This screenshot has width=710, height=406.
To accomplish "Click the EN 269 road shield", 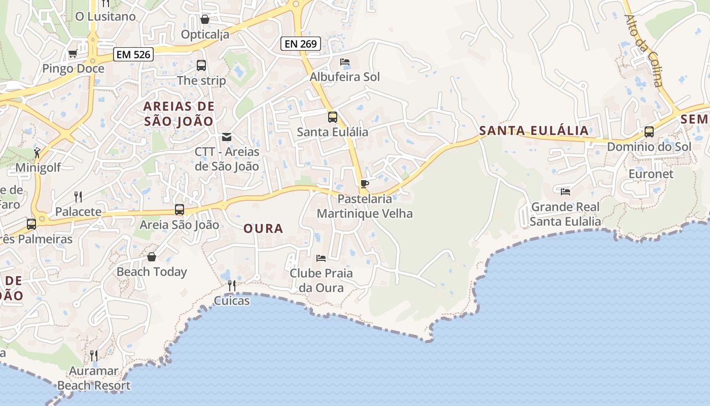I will pos(301,44).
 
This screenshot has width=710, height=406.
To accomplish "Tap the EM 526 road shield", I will pos(133,54).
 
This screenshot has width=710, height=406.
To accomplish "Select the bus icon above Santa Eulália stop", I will pos(332,117).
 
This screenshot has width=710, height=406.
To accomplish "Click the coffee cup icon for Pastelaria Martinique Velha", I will pos(364,184).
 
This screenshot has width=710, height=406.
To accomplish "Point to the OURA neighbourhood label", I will pos(263,229).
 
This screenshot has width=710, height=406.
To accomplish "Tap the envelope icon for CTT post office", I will pos(226,137).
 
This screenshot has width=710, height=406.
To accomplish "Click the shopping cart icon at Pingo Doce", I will pos(73,54).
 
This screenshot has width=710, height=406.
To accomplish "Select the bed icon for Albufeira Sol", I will pos(345,62).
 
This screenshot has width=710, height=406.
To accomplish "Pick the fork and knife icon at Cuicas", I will pos(232,286).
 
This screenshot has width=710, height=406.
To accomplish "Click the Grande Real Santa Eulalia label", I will pos(565,214).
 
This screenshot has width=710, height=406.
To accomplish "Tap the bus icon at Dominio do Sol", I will pos(649,132).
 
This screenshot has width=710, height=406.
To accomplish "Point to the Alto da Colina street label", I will pos(644,50).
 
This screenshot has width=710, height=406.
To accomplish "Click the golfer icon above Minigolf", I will pos(37,152).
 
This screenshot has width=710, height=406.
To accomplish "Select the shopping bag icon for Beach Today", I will pos(151,257).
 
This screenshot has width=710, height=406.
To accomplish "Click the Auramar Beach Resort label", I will pos(94,379).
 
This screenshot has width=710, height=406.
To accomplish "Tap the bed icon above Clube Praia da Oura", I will pos(321,258).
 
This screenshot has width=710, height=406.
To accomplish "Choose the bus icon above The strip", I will pos(201,65).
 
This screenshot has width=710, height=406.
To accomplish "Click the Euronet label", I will pos(651,174).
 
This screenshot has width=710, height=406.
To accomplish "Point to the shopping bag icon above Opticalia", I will pos(205,19).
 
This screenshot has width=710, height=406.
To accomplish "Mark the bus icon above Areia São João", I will pos(179,210).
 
